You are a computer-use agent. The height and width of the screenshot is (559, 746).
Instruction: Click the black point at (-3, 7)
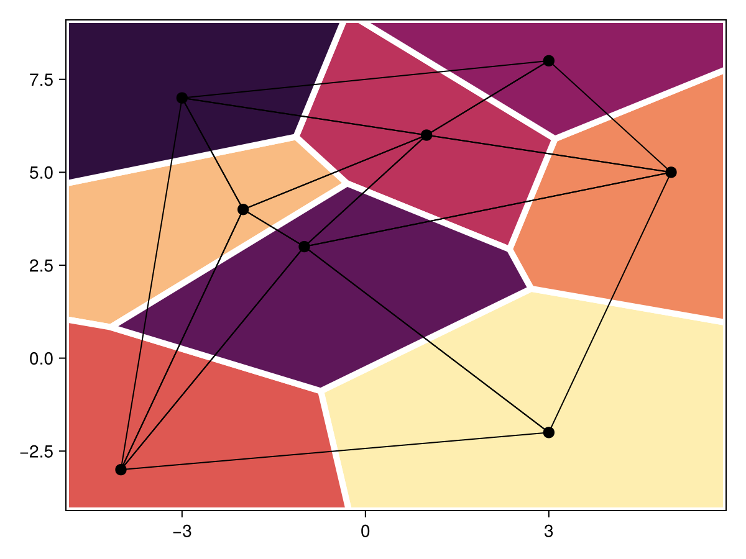182,98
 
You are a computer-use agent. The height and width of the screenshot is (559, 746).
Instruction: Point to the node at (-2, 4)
243,209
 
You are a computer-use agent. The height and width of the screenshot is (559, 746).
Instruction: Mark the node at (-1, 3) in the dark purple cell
304,247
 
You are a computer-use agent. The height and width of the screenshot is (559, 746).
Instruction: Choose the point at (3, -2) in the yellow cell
548,432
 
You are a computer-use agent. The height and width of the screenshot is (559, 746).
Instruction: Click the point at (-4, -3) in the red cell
121,470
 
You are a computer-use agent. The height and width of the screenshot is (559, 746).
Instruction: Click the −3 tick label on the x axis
182,532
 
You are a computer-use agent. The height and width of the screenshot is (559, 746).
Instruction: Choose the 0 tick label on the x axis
365,532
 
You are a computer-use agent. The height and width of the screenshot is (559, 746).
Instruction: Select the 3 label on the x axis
548,532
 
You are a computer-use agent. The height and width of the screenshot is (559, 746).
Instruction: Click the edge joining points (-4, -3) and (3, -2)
334,451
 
